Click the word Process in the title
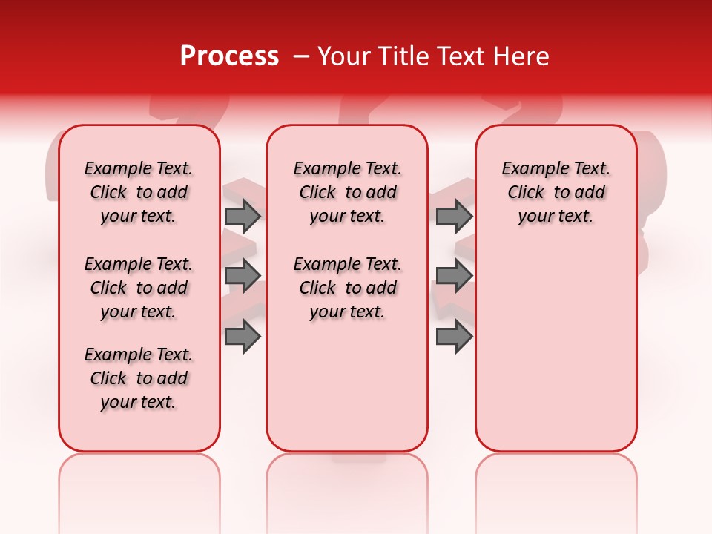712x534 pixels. pyautogui.click(x=229, y=56)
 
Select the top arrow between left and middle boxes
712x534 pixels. pyautogui.click(x=243, y=217)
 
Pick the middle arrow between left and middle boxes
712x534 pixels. pyautogui.click(x=243, y=276)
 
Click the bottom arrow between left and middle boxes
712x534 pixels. pyautogui.click(x=243, y=337)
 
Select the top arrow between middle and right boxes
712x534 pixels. pyautogui.click(x=454, y=217)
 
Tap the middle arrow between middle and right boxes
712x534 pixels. pyautogui.click(x=454, y=276)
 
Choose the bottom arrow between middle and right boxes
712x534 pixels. pyautogui.click(x=454, y=337)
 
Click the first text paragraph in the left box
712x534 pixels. pyautogui.click(x=139, y=192)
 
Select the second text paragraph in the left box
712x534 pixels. pyautogui.click(x=139, y=288)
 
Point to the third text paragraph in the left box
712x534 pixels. pyautogui.click(x=139, y=378)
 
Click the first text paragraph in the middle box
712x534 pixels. pyautogui.click(x=347, y=192)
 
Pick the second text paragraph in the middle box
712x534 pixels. pyautogui.click(x=347, y=288)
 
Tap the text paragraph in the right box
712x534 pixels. pyautogui.click(x=556, y=192)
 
